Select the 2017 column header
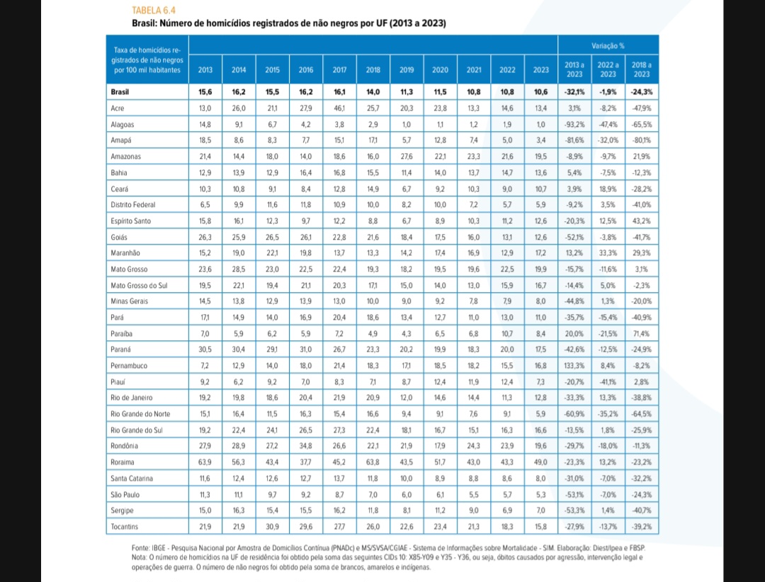(x=339, y=69)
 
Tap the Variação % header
(x=607, y=45)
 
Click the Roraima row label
(x=123, y=461)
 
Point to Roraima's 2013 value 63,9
(x=205, y=461)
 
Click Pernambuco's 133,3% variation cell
(x=573, y=365)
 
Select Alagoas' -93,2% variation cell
(x=573, y=124)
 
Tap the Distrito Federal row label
(x=133, y=204)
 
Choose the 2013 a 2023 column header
(x=573, y=69)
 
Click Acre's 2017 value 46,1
(x=339, y=108)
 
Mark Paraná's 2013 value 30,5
(x=205, y=349)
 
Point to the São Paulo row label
(x=125, y=494)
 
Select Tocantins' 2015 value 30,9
(x=272, y=526)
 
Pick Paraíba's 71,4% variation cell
(x=642, y=333)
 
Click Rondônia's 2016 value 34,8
(x=306, y=446)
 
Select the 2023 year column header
(x=540, y=69)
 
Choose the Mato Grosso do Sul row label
(x=140, y=285)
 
